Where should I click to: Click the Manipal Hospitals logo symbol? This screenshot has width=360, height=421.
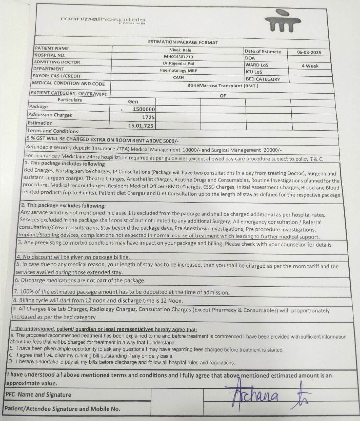[284, 21]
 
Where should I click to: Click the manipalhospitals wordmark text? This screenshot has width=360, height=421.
[103, 19]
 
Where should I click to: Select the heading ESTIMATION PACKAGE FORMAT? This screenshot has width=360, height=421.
[183, 42]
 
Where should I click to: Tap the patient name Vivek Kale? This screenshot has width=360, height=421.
[180, 50]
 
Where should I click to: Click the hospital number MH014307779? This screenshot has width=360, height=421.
[178, 57]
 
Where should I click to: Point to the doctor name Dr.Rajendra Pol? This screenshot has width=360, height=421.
[178, 63]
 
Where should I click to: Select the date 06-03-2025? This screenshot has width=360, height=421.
[309, 52]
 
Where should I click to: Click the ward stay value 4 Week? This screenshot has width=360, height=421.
[310, 66]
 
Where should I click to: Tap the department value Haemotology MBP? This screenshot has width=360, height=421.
[178, 70]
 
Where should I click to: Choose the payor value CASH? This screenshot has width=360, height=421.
[178, 78]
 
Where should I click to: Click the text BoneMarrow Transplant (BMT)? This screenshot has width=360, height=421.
[223, 86]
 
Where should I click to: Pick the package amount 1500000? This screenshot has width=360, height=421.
[144, 109]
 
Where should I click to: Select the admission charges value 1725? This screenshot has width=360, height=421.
[148, 117]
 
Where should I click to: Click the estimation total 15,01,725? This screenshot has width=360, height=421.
[140, 125]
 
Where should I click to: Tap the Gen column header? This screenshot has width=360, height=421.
[133, 102]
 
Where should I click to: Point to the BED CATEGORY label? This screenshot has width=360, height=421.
[263, 79]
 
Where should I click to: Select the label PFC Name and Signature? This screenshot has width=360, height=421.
[38, 395]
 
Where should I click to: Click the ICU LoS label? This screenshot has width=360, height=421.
[253, 72]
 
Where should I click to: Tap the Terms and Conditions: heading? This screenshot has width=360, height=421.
[53, 131]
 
